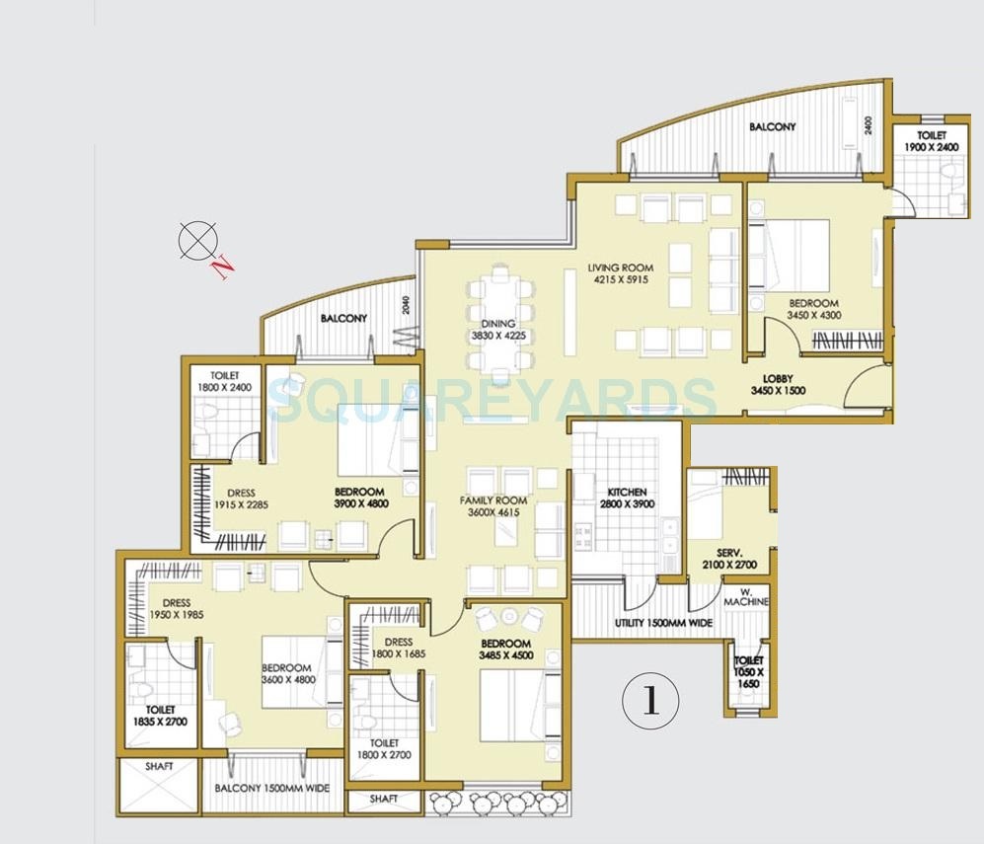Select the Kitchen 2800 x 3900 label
click(x=627, y=499)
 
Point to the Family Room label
click(x=493, y=506)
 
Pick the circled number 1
click(x=649, y=701)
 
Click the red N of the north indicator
click(x=224, y=266)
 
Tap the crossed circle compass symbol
click(x=195, y=239)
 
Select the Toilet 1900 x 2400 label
click(x=931, y=141)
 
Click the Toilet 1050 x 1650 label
click(x=747, y=671)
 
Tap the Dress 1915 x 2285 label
click(x=241, y=499)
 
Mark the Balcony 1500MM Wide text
click(x=272, y=789)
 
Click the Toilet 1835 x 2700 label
click(x=160, y=716)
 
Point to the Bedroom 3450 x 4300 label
click(x=813, y=310)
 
